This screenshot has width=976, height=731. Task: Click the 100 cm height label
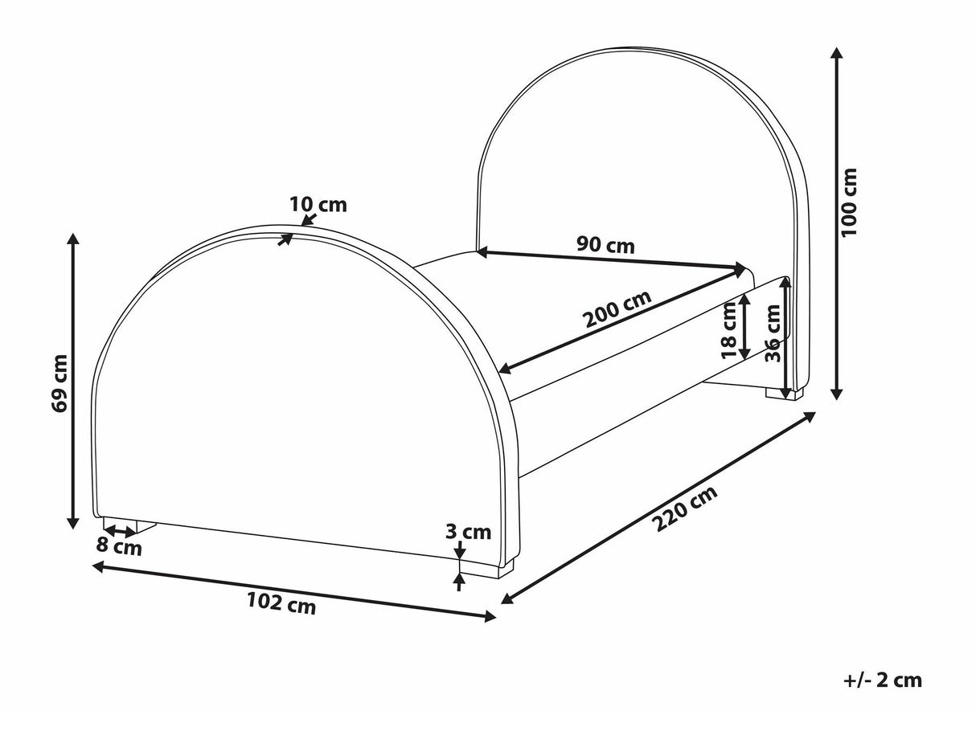[848, 202]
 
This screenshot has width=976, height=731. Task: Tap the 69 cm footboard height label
[59, 384]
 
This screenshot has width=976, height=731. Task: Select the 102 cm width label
[281, 603]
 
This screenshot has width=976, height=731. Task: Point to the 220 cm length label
[686, 508]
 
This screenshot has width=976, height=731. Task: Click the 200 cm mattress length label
[618, 308]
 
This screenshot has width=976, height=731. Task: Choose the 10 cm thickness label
[318, 205]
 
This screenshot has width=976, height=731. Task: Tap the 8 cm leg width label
[119, 547]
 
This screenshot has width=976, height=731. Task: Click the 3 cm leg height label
[468, 532]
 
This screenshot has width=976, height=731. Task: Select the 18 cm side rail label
[729, 329]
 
